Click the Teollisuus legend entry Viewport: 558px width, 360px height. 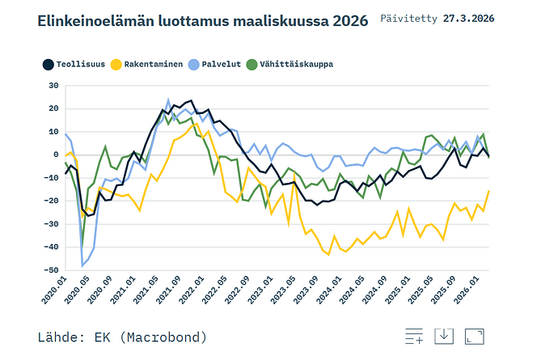coord(74,65)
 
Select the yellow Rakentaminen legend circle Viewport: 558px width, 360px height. coord(116,65)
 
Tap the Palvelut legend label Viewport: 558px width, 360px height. coord(222,65)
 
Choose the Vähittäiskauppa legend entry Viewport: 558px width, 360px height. coord(290,65)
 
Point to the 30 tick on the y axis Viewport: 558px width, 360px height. coord(53,86)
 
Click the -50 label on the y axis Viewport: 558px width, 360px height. coord(51,270)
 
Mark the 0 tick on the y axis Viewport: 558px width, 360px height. coord(56,155)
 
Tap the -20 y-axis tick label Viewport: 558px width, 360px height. coord(51,201)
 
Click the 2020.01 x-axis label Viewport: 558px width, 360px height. coord(54,290)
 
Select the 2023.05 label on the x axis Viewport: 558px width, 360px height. coord(283,290)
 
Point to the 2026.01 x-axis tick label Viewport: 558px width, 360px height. coord(467,290)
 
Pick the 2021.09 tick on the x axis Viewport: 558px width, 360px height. coord(169,290)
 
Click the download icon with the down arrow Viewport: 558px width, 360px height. coord(444,337)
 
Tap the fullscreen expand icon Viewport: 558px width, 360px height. coord(475,337)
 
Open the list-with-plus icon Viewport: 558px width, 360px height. coord(414,337)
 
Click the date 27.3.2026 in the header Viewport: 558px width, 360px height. coord(469,19)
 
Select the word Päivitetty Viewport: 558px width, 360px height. coord(408,19)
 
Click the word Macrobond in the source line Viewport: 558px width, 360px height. coord(167,337)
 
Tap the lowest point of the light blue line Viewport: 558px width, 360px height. coord(82,266)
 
